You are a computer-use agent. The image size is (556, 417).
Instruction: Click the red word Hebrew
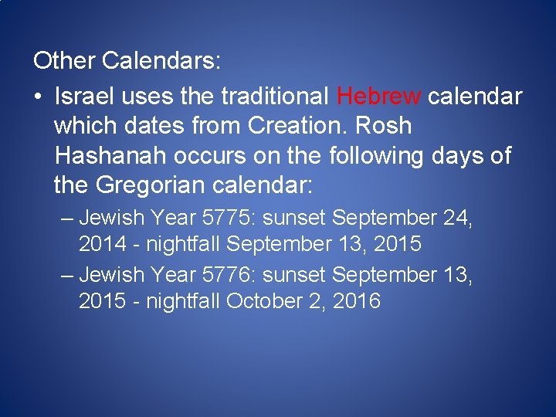[379, 97]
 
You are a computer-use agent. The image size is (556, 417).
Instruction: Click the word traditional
[273, 97]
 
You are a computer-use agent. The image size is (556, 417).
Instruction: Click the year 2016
[356, 300]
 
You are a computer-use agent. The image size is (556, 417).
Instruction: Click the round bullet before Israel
[39, 97]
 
